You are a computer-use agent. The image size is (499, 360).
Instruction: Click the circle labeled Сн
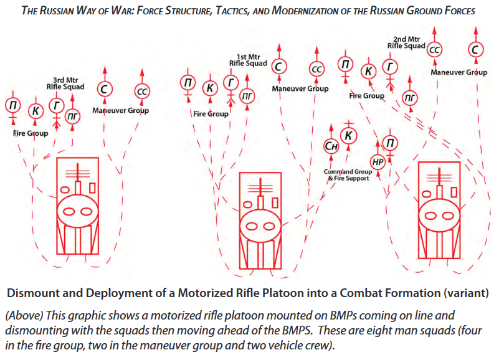click(331, 146)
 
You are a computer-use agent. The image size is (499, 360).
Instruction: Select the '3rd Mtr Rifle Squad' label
click(68, 83)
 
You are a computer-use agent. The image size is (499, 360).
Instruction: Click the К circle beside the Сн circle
click(349, 136)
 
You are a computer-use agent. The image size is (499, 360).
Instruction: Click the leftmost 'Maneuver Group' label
click(120, 111)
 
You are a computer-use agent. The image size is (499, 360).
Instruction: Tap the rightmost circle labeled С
click(475, 49)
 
